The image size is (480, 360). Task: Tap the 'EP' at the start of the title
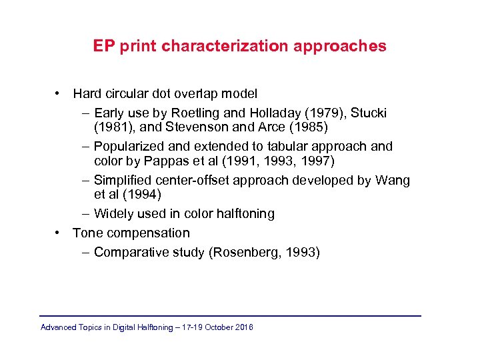[x=103, y=46]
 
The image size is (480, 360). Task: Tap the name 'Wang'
[x=393, y=180]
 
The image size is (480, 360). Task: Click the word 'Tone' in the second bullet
[x=87, y=233]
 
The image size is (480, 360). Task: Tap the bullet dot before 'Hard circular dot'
[x=59, y=93]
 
